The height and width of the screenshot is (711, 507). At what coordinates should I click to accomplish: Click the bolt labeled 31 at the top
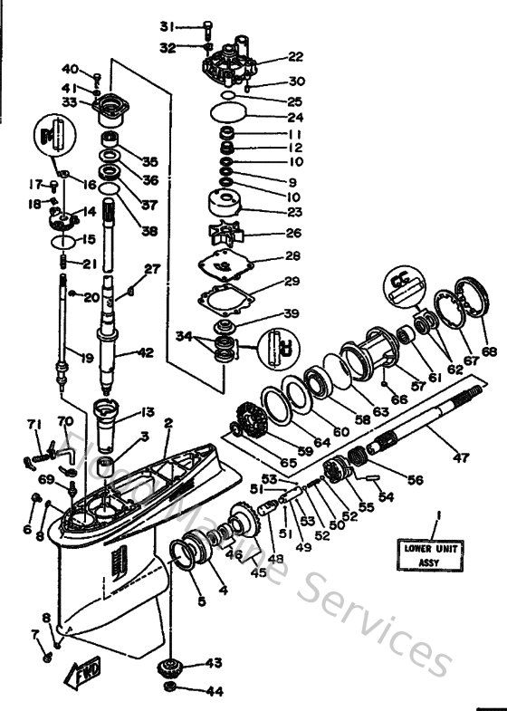[x=208, y=24]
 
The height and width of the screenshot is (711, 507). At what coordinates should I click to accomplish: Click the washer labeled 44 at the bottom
[x=170, y=691]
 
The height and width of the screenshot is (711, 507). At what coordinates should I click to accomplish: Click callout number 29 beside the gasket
[x=292, y=282]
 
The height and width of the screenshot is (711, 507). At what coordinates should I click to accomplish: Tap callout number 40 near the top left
[x=70, y=70]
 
